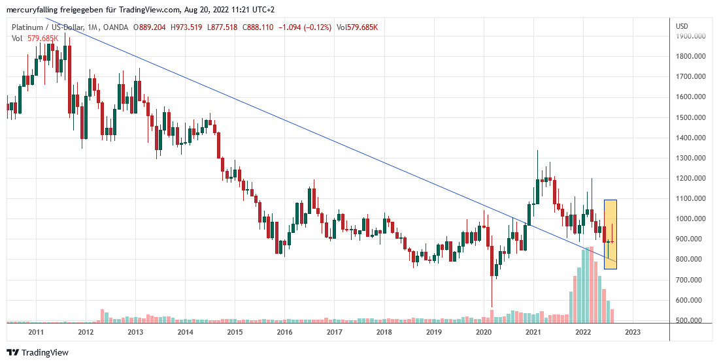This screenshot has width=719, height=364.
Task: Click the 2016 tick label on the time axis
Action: click(x=284, y=332)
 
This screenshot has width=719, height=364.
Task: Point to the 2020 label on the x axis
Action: click(x=484, y=332)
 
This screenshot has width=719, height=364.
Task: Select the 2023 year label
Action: click(x=633, y=332)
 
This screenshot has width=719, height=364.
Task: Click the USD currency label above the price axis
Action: click(x=682, y=25)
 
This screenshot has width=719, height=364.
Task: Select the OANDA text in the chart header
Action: click(x=115, y=27)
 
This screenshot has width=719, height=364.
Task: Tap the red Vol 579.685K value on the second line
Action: click(x=44, y=38)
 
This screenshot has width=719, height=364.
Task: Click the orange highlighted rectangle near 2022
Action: click(x=610, y=234)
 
